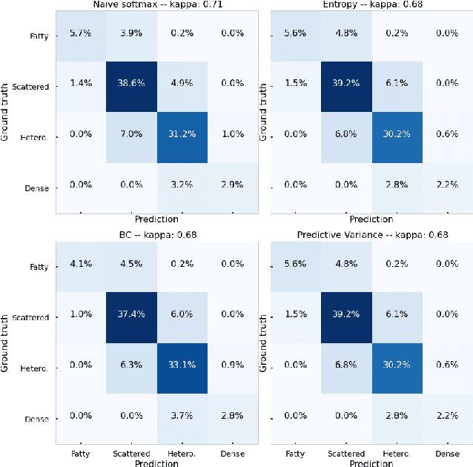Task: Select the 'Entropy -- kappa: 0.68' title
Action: click(372, 5)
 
